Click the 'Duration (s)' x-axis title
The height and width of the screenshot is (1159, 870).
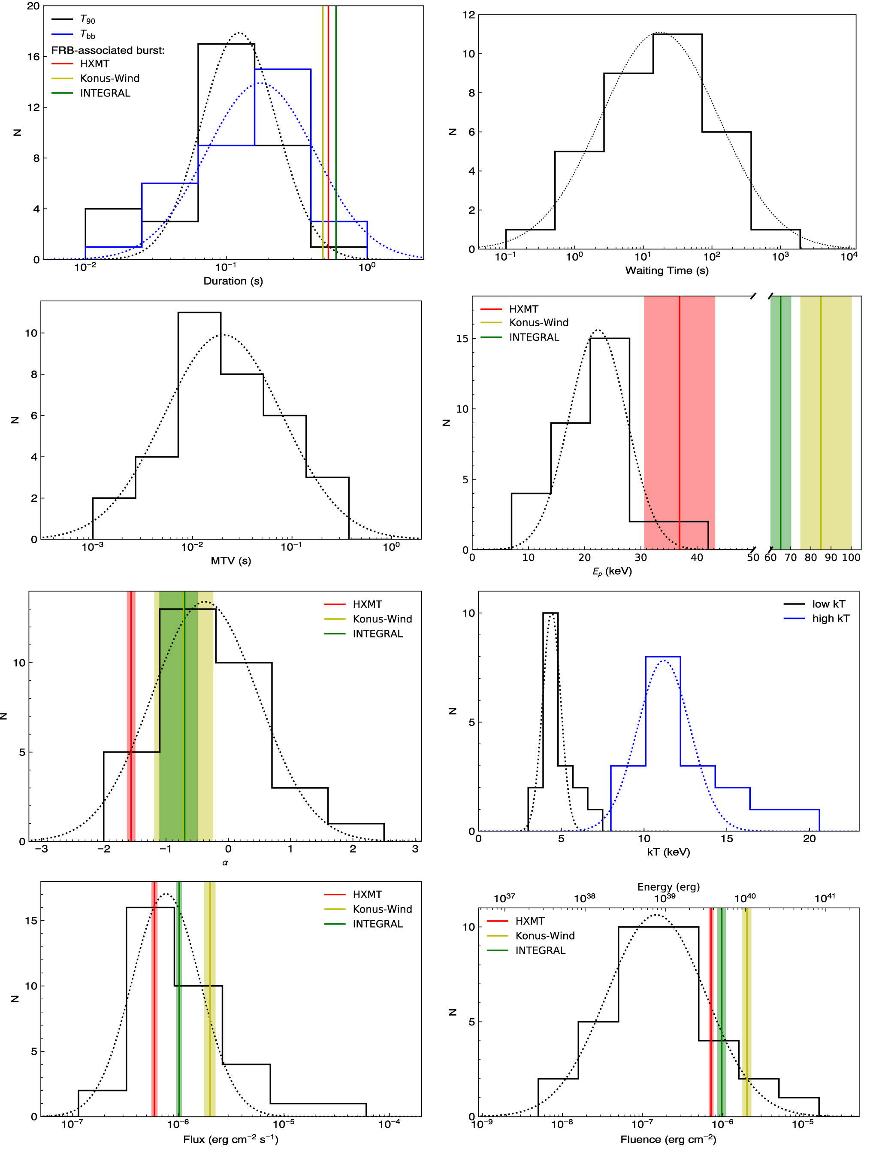click(233, 281)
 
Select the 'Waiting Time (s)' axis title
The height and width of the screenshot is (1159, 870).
click(666, 270)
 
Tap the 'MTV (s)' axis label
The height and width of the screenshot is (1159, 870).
click(230, 561)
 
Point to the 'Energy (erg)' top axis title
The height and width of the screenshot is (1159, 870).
click(668, 886)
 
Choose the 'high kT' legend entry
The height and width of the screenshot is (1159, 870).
click(830, 618)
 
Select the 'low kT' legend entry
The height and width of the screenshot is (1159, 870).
click(828, 604)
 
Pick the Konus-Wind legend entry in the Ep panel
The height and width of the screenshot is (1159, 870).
click(538, 322)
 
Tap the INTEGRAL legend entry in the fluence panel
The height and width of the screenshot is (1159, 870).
click(540, 950)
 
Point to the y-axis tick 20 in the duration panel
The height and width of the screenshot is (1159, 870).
click(33, 6)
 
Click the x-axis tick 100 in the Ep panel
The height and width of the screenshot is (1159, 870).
click(851, 558)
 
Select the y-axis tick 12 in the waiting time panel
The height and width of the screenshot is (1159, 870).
click(468, 15)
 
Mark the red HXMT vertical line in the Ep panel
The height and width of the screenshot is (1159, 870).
click(680, 419)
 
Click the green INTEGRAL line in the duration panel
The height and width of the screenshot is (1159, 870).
click(336, 131)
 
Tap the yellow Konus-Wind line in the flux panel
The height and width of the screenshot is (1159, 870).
click(209, 995)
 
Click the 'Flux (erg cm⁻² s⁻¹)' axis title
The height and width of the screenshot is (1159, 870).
click(230, 1139)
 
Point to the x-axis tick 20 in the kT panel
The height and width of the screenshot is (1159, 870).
click(809, 839)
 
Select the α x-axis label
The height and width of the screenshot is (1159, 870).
click(225, 862)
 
